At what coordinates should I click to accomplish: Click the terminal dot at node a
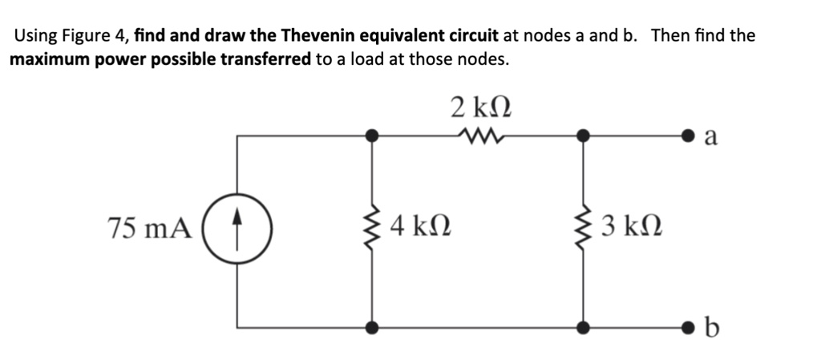pos(688,137)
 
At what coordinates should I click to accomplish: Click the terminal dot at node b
pos(688,327)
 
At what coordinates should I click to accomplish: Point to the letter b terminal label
pos(710,327)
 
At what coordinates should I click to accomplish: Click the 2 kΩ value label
pos(480,107)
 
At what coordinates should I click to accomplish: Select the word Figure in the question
pos(83,35)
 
